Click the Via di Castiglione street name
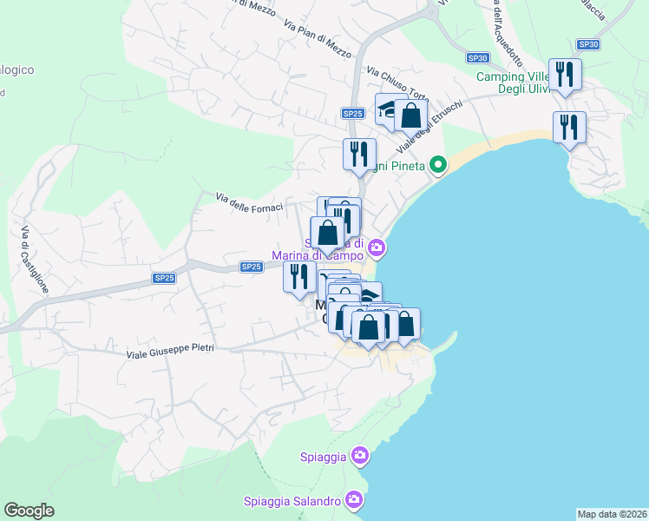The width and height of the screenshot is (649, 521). [32, 259]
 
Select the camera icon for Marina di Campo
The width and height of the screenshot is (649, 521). [376, 248]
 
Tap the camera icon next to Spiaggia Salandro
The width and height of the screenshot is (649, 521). [353, 499]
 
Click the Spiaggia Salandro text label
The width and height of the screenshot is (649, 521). [292, 501]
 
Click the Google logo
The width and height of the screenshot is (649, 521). [29, 511]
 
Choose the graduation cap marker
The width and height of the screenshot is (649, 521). [388, 109]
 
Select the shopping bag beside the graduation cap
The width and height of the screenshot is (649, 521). [411, 115]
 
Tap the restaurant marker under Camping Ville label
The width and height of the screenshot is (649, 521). [569, 128]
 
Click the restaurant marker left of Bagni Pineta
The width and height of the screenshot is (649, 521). [359, 155]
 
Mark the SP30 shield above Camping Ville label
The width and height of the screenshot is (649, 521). [588, 44]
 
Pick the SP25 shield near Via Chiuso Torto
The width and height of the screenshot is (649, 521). [351, 113]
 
